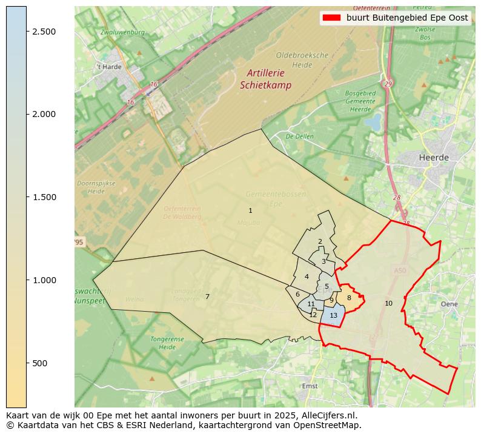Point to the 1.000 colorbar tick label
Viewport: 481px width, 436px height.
click(x=44, y=280)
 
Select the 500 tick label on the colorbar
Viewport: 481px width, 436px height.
click(x=41, y=363)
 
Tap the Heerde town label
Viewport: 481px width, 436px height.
click(x=434, y=157)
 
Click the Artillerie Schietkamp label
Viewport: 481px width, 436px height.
click(x=265, y=79)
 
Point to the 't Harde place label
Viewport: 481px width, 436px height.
click(x=109, y=67)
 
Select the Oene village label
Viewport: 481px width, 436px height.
click(x=449, y=304)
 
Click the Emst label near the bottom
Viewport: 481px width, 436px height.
click(x=309, y=386)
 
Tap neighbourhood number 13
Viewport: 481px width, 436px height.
click(x=333, y=315)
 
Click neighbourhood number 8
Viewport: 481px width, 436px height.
click(x=349, y=298)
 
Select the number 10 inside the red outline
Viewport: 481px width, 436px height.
click(x=388, y=303)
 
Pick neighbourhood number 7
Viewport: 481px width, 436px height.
click(x=207, y=297)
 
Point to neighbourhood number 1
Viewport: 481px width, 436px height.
click(x=250, y=210)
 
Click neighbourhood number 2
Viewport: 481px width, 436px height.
click(x=320, y=241)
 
